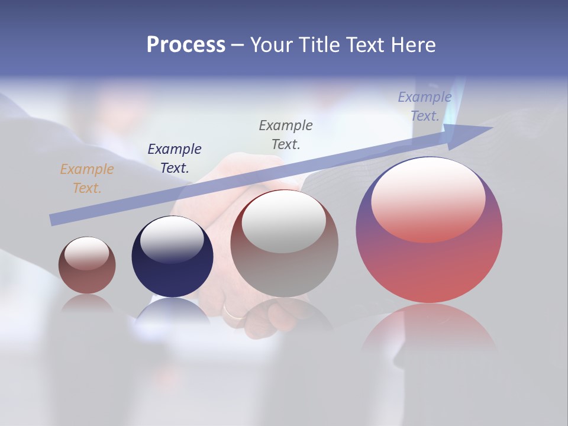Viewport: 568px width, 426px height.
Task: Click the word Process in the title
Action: click(x=186, y=45)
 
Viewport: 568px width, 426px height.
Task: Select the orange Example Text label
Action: click(x=86, y=179)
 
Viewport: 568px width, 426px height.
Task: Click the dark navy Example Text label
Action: click(x=175, y=159)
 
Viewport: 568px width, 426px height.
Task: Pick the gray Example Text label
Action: click(x=286, y=135)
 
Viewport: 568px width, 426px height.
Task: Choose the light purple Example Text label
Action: click(x=425, y=106)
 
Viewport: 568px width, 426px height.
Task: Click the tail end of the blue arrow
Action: click(x=54, y=220)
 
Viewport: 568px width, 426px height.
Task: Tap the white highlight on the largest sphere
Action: click(x=428, y=198)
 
